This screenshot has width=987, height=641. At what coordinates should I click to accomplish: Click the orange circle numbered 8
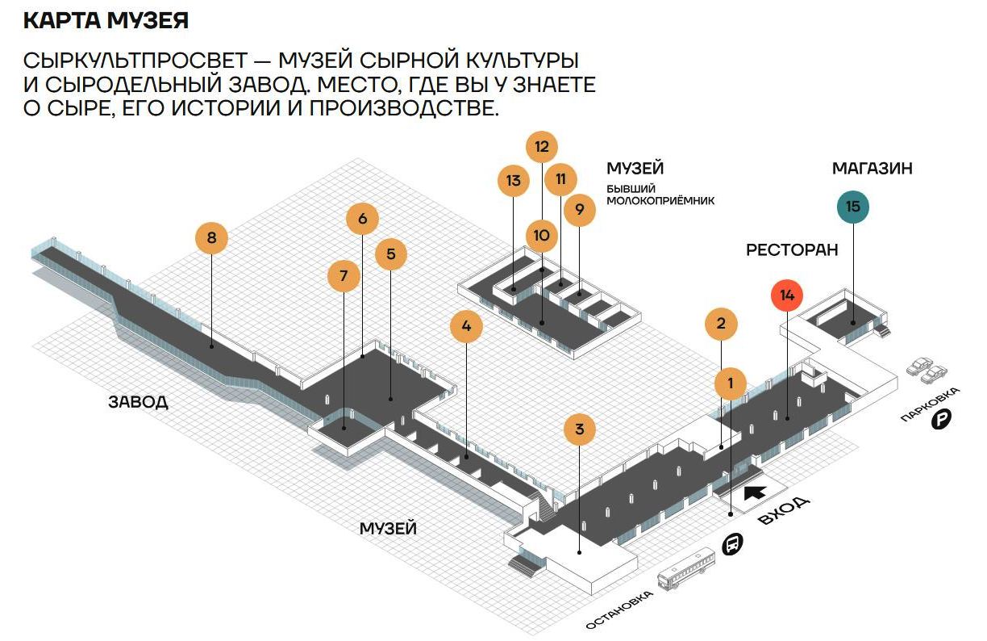211,238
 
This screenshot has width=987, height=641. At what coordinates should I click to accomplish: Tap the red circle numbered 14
787,295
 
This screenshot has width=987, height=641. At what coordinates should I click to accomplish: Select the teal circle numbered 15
853,207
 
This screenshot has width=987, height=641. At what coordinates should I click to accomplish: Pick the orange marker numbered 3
579,429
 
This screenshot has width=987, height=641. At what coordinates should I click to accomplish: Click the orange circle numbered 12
541,147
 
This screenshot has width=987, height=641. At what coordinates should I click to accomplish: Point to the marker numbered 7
344,276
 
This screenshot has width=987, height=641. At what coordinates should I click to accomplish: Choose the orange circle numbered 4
466,327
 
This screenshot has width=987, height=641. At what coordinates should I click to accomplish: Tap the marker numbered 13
514,180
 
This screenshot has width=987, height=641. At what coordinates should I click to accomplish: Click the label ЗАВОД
138,401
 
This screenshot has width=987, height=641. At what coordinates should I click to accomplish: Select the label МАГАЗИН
872,168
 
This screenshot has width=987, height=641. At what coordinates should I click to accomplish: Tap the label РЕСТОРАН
791,249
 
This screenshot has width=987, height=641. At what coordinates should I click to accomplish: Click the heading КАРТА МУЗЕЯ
106,20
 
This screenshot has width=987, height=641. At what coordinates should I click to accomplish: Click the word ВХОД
785,511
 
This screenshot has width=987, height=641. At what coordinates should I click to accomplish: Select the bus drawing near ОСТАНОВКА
686,570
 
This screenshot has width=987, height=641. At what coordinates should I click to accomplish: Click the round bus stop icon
731,545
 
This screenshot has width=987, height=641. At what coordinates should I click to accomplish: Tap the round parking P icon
942,420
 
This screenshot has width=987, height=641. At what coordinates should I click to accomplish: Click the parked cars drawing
927,371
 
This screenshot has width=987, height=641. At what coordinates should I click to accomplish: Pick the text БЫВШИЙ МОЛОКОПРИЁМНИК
660,194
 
